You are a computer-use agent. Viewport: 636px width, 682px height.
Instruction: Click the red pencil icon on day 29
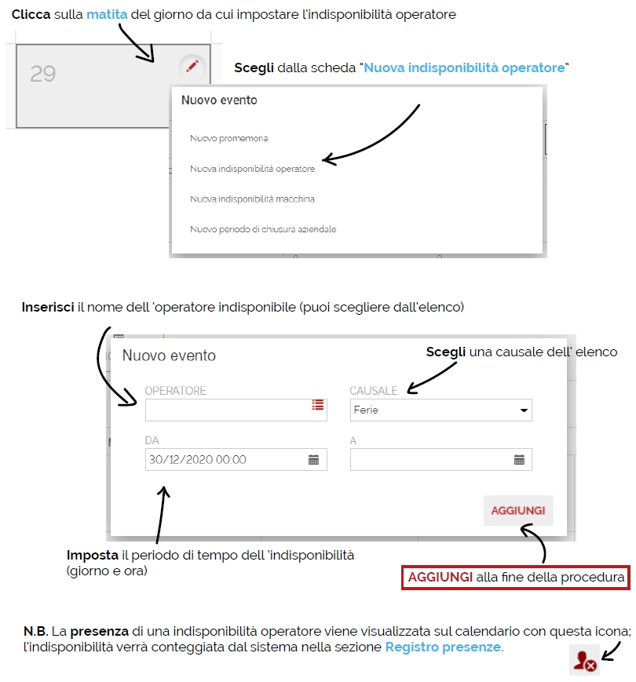click(x=192, y=67)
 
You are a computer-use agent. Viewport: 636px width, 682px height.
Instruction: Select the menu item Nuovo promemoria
click(x=228, y=138)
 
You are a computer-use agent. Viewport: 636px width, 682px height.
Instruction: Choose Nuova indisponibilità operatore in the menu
click(x=252, y=169)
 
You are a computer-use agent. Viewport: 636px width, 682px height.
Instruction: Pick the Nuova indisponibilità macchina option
click(x=252, y=199)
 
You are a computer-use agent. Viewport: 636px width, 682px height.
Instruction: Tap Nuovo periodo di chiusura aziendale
click(x=263, y=229)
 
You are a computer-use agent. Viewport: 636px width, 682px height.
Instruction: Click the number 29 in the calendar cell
click(x=43, y=74)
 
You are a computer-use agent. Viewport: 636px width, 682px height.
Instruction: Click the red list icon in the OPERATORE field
click(x=318, y=405)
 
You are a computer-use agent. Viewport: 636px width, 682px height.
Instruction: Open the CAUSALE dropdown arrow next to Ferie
click(x=524, y=410)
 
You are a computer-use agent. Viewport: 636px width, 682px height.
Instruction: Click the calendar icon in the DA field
click(x=313, y=459)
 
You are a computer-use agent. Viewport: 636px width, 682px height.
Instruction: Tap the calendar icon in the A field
click(x=519, y=459)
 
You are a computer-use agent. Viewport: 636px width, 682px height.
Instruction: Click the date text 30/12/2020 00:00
click(x=198, y=460)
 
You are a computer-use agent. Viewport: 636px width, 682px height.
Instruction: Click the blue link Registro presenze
click(x=444, y=647)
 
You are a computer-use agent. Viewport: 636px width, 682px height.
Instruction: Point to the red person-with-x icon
click(x=585, y=661)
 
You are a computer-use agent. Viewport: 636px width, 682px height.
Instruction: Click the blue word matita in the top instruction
click(x=107, y=14)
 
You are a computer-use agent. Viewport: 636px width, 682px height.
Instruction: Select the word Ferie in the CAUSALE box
click(x=366, y=410)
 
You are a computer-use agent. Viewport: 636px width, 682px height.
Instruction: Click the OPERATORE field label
click(x=175, y=391)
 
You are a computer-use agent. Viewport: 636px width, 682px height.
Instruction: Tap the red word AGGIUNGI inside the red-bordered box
click(x=440, y=577)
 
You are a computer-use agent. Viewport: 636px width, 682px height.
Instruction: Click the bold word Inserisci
click(x=48, y=307)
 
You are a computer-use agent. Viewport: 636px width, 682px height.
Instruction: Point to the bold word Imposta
click(x=92, y=555)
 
